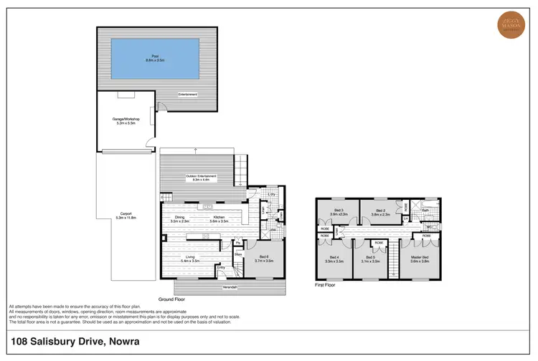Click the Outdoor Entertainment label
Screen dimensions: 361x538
click(201, 176)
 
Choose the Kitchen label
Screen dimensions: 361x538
click(218, 218)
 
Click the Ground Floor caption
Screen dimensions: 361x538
click(173, 299)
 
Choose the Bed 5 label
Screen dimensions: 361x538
click(371, 256)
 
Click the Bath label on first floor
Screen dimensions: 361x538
click(425, 211)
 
